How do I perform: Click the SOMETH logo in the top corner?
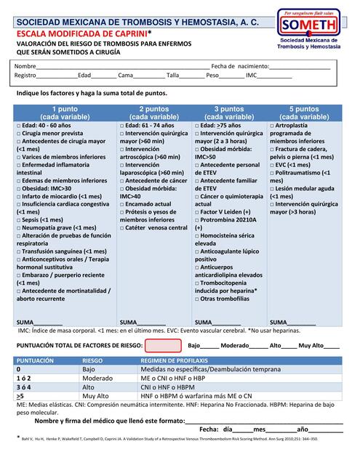pos(313,28)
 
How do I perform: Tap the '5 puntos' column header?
pos(304,113)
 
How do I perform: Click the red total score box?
pos(163,346)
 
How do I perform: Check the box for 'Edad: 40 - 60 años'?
pos(18,126)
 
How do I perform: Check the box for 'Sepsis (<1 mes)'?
pos(18,219)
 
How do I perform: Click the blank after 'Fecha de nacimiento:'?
pos(300,67)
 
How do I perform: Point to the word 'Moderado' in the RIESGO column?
pos(97,379)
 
